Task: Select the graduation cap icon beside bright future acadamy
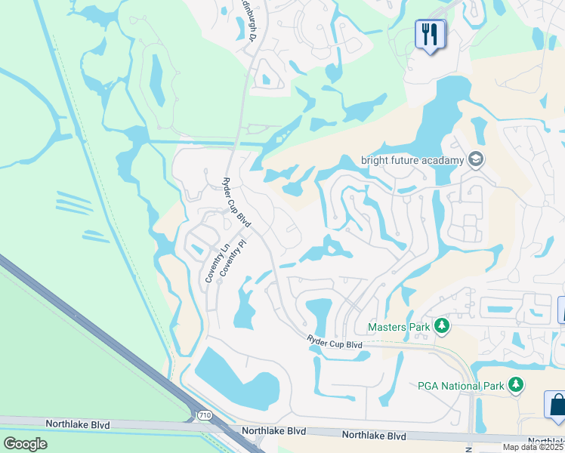[475, 159]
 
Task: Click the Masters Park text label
[398, 327]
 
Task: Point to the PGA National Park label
[460, 386]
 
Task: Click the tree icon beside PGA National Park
[516, 385]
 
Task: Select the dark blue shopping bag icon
[557, 404]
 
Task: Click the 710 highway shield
[204, 415]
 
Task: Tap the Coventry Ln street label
[213, 263]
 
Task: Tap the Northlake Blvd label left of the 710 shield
[77, 425]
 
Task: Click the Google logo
[26, 444]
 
